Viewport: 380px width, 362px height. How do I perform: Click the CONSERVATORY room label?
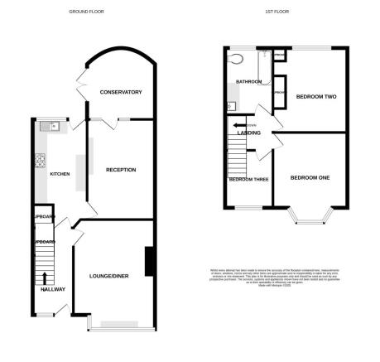click(x=121, y=92)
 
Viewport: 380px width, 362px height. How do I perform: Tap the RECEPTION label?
click(x=121, y=170)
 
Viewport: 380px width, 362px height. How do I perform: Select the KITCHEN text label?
click(x=60, y=174)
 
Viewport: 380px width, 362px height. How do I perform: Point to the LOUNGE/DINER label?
click(x=109, y=275)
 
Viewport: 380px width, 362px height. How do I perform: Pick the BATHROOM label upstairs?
click(x=248, y=82)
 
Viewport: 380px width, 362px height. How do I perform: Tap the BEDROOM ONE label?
click(x=310, y=178)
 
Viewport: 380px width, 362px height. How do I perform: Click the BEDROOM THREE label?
click(x=248, y=179)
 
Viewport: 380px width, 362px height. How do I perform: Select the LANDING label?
click(x=249, y=133)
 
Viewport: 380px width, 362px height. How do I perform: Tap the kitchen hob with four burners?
click(x=38, y=160)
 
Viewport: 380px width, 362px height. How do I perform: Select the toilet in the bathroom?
click(x=238, y=59)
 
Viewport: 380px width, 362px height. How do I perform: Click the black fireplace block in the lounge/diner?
click(x=149, y=262)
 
